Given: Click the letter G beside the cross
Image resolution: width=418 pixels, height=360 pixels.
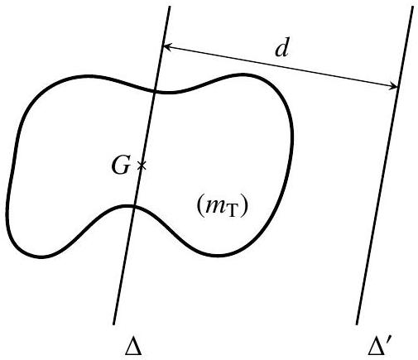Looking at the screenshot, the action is (121, 166).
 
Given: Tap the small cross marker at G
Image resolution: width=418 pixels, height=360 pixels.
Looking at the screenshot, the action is (142, 166).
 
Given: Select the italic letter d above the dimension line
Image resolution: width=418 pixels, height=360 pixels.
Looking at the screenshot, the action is (282, 50).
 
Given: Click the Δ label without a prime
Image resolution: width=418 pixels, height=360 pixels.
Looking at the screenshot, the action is (133, 348).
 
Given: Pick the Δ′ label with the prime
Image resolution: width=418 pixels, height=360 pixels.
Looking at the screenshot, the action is (380, 348).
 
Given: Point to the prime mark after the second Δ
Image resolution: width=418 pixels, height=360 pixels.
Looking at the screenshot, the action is (389, 343).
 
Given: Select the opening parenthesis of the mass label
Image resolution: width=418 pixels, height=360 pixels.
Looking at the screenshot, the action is (199, 207).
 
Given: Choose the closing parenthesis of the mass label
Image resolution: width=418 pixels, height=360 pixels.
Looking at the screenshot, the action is (242, 207).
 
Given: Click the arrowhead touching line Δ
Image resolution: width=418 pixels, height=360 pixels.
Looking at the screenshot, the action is (167, 46).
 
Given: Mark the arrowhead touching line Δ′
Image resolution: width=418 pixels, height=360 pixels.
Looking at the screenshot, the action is (393, 86).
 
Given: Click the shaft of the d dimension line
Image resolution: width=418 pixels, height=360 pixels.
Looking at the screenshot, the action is (281, 67).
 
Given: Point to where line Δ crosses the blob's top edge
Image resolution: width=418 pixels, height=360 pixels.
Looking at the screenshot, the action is (155, 91).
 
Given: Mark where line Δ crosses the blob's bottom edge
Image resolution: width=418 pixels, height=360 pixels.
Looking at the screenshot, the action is (134, 206).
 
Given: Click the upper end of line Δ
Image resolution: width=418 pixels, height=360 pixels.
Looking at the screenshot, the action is (170, 7).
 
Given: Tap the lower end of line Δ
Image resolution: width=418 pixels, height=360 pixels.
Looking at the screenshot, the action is (113, 324).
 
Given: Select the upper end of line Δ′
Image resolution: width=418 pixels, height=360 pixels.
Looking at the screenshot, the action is (413, 7).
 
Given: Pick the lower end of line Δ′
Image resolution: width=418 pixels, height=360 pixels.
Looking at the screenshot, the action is (357, 324).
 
